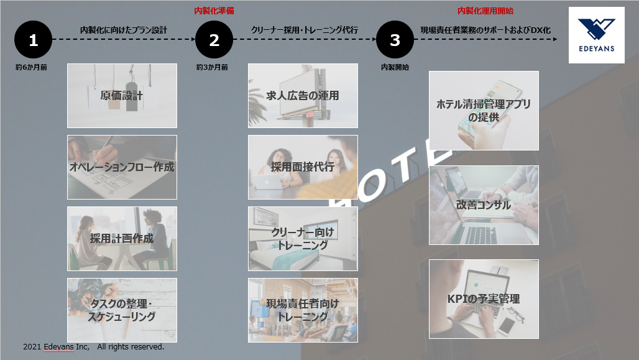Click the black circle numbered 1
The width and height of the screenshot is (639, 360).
34,40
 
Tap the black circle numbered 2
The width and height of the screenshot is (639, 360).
214,40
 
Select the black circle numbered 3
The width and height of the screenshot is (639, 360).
395,40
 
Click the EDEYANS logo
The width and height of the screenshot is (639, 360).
597,35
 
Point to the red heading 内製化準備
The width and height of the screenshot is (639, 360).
214,11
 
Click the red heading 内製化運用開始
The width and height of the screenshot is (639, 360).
485,11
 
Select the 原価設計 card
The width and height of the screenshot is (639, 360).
122,95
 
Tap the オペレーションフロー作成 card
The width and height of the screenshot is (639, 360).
122,167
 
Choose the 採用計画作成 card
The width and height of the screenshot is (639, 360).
122,239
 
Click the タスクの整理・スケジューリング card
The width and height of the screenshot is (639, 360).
122,310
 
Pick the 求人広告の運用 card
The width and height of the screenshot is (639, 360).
303,95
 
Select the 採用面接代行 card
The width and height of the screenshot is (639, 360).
303,167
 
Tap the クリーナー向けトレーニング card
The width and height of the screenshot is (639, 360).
303,239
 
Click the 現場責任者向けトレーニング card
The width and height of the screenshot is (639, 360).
303,310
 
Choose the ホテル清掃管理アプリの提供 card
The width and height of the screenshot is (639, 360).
484,111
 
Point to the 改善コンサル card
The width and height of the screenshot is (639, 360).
484,205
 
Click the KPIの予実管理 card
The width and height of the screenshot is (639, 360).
484,299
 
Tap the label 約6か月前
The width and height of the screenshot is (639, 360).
31,67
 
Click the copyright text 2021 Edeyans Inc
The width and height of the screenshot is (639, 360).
56,346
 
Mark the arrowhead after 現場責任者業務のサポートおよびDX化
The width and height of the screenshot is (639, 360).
555,39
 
